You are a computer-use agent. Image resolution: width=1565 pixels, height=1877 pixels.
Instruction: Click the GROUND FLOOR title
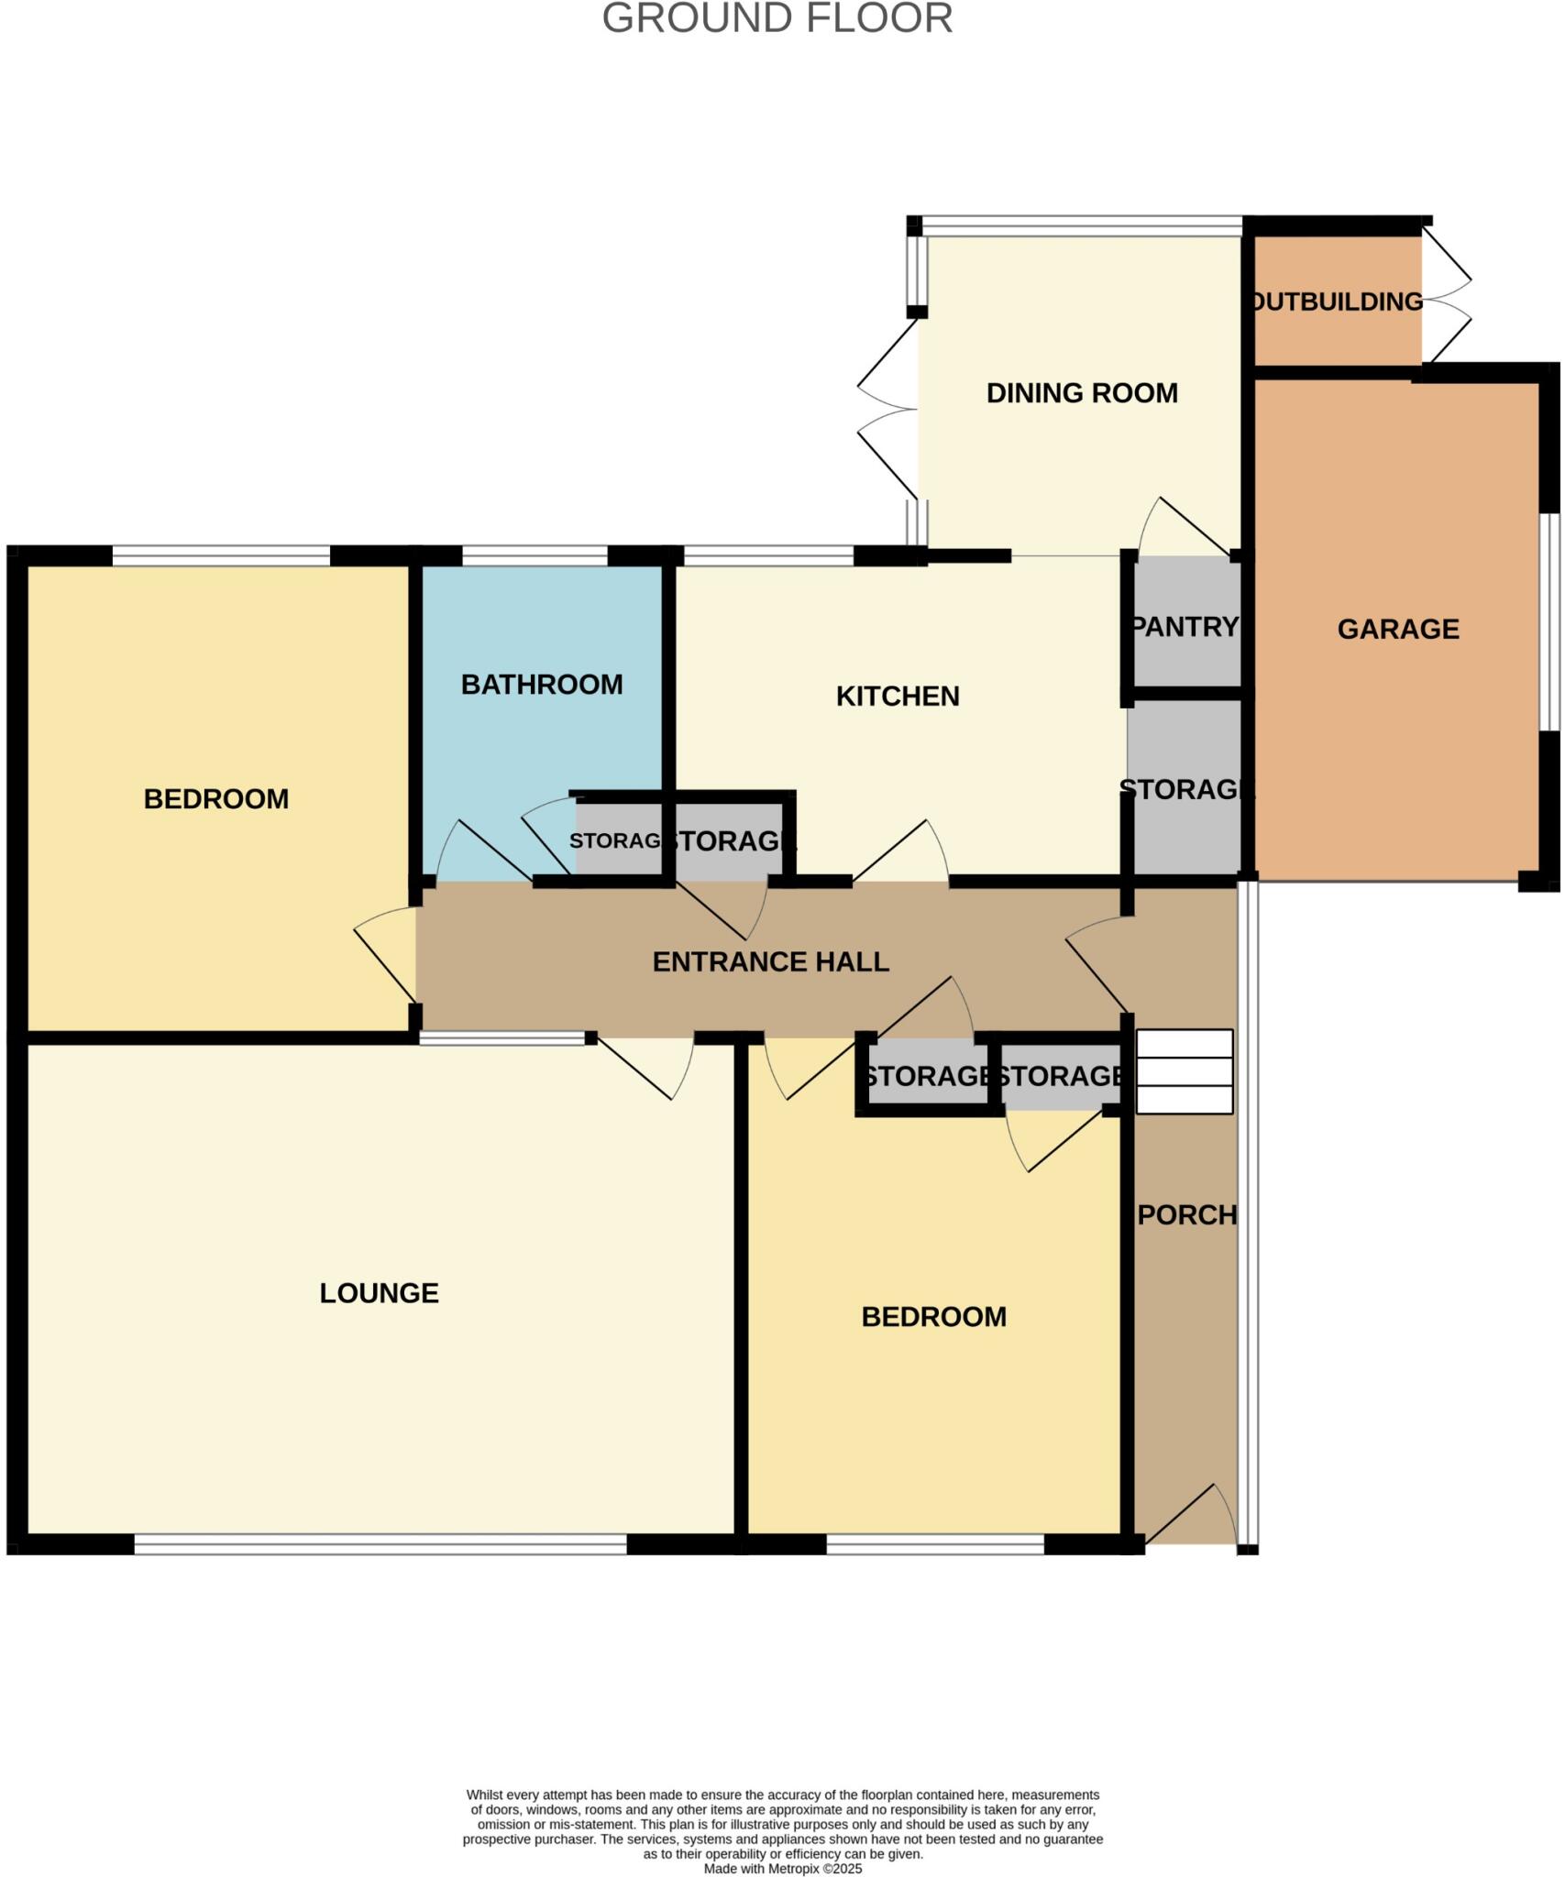pos(777,19)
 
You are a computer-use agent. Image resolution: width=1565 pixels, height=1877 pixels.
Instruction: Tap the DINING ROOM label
pos(1082,393)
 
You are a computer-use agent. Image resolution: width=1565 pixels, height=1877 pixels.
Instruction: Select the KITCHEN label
pos(898,697)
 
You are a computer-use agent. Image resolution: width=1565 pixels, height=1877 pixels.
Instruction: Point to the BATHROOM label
pos(542,685)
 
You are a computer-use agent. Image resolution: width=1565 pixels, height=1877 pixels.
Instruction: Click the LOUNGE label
pos(379,1293)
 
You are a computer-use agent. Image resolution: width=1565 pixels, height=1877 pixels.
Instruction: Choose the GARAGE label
pos(1398,629)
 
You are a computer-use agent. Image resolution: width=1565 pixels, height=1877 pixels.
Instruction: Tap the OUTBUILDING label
pos(1338,302)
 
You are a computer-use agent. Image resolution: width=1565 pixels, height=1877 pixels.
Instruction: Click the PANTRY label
pos(1185,627)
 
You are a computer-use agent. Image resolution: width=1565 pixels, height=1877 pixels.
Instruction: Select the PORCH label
pos(1187,1215)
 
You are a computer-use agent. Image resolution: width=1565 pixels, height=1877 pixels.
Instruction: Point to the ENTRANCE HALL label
pos(770,961)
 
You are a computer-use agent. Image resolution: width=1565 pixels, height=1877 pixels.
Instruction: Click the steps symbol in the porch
pos(1185,1071)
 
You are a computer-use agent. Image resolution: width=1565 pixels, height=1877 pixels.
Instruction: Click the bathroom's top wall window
pos(535,555)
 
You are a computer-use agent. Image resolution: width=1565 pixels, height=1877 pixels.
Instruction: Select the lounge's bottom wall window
pos(380,1544)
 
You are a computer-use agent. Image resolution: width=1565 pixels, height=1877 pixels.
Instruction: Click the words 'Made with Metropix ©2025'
pos(783,1869)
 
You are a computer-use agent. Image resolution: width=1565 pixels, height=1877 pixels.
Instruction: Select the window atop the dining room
pos(1082,223)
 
